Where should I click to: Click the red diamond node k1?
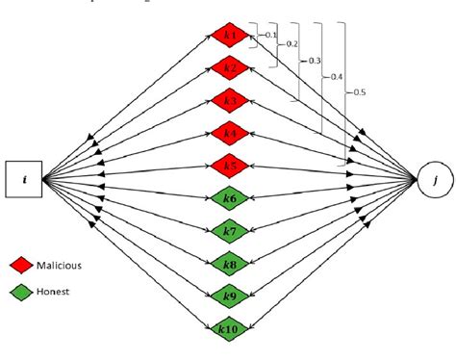click(229, 36)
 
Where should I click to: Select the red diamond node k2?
click(229, 67)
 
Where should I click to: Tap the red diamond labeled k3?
click(229, 100)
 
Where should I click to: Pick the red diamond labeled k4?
click(229, 133)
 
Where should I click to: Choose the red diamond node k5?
click(229, 166)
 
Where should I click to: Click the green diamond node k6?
click(229, 197)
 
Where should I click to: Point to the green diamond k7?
click(229, 231)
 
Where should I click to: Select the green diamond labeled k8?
click(229, 264)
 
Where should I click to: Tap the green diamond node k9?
click(229, 296)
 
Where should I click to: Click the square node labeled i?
click(25, 180)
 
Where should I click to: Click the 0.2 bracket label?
click(291, 44)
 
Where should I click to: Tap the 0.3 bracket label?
click(314, 60)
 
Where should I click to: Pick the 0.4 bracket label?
click(336, 75)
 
